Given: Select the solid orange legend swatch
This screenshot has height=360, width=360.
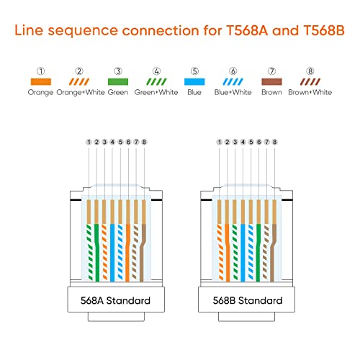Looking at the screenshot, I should pos(40,82).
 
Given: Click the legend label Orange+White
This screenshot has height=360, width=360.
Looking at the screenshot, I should pos(79,94).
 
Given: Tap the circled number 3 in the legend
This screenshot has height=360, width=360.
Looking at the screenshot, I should pos(118,71).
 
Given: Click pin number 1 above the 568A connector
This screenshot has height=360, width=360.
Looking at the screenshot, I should pos(88,143).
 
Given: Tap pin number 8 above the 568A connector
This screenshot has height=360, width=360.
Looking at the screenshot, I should pos(144,143).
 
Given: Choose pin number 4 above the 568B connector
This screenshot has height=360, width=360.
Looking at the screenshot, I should pos(243,143).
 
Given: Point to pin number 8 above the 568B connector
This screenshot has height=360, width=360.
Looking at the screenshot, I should pos(274,143).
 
